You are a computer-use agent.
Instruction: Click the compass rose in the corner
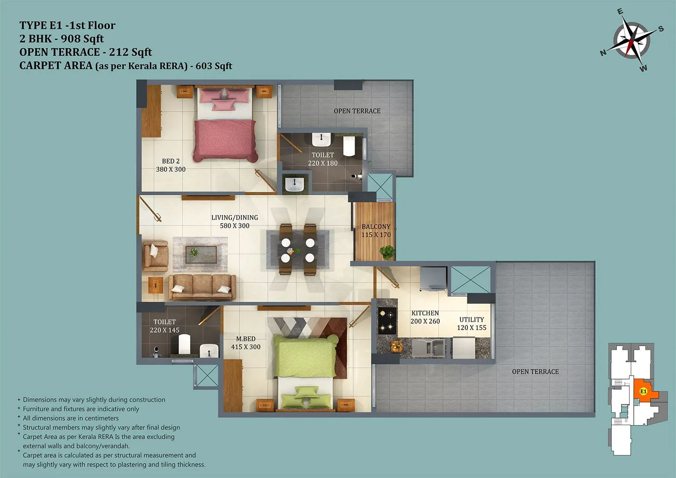(632, 41)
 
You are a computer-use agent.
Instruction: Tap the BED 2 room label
(171, 165)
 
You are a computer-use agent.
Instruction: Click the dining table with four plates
(298, 250)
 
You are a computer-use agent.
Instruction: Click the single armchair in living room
(155, 256)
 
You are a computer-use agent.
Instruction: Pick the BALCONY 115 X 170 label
(376, 230)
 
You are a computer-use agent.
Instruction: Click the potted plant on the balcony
(387, 252)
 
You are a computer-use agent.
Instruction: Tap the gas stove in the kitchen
(387, 320)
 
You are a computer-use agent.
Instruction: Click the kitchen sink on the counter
(428, 348)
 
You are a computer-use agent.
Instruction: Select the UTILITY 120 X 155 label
(472, 323)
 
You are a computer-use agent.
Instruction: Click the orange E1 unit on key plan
(643, 391)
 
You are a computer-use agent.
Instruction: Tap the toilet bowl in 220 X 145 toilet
(184, 344)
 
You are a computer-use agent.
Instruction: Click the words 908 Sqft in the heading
(82, 39)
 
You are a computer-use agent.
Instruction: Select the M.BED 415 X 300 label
(245, 343)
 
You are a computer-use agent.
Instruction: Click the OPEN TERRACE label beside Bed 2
(357, 111)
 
